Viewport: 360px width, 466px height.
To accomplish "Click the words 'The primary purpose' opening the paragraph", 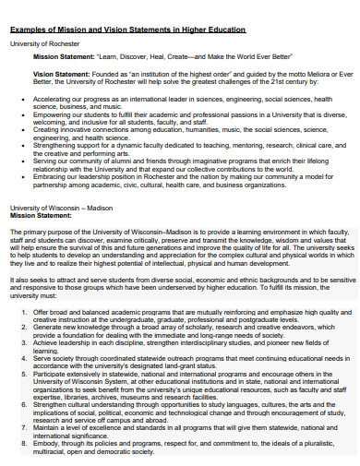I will coord(42,230).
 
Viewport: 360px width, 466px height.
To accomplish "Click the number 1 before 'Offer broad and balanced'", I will coord(23,312).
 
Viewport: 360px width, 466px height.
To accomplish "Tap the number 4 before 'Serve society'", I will coord(23,357).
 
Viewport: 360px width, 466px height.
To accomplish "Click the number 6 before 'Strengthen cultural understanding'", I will coord(23,403).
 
